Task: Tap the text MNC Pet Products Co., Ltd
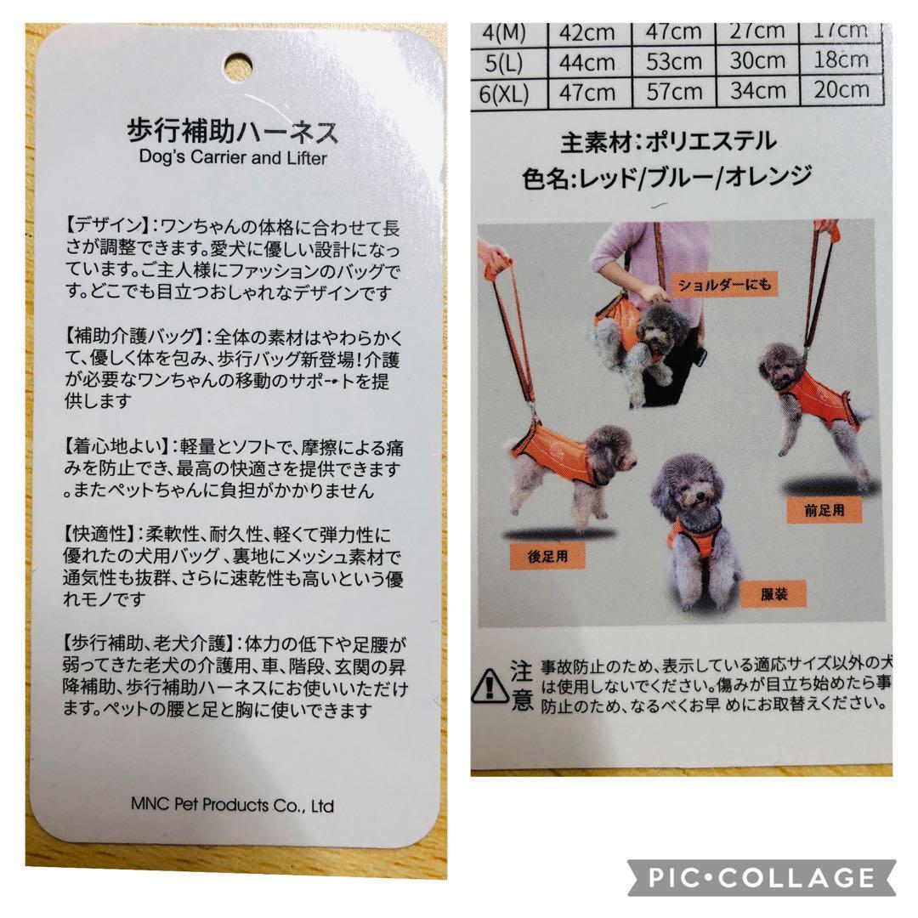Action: (233, 804)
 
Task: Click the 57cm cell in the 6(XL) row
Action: (674, 90)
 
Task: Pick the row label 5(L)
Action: (505, 62)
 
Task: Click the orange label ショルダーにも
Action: (723, 285)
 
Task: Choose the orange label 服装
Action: (774, 594)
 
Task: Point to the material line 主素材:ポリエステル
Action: (668, 141)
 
